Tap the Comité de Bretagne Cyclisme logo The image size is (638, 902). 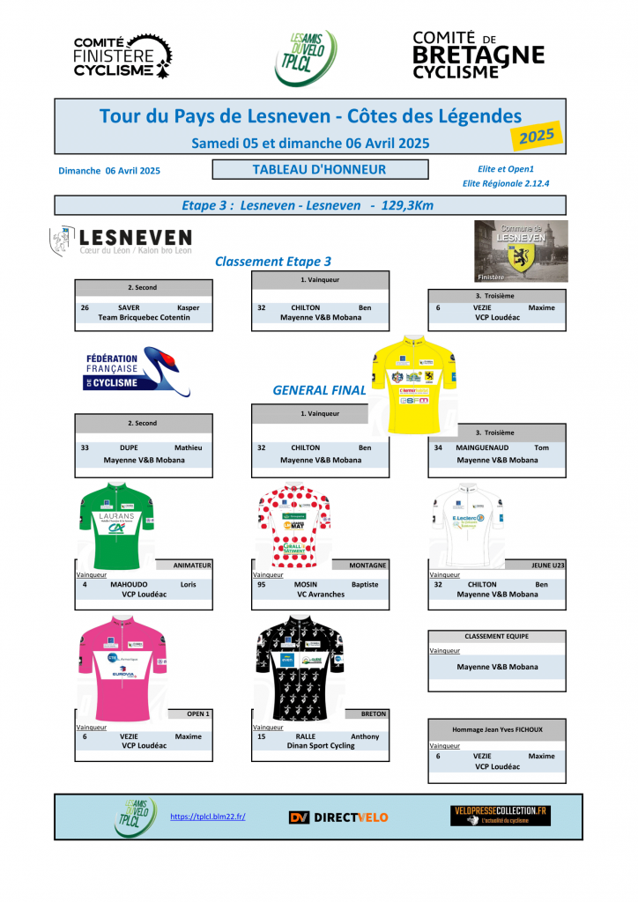pyautogui.click(x=478, y=55)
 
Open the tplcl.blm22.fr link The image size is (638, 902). pyautogui.click(x=207, y=817)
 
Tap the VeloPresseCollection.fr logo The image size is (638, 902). pyautogui.click(x=500, y=815)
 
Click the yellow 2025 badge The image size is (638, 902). pyautogui.click(x=536, y=137)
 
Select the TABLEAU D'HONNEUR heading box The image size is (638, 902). pyautogui.click(x=320, y=169)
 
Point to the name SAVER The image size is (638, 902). pyautogui.click(x=129, y=307)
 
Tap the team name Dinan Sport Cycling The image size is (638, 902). pyautogui.click(x=320, y=746)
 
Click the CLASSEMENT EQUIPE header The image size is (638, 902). pyautogui.click(x=496, y=636)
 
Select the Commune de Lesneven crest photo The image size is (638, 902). pyautogui.click(x=521, y=251)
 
